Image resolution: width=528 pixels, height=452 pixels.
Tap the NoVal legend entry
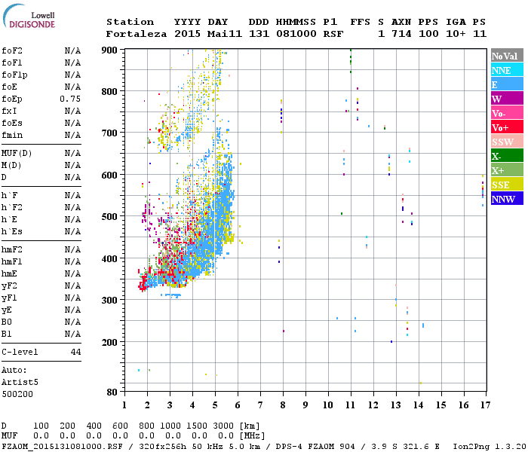coord(506,56)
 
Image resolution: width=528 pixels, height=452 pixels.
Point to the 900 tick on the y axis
coord(110,50)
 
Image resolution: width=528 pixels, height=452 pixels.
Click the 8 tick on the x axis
coord(283,405)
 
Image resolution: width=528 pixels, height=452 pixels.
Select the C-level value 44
coord(75,352)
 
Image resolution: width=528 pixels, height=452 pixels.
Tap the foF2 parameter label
coord(11,50)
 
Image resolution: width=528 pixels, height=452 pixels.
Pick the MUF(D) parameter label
coord(17,153)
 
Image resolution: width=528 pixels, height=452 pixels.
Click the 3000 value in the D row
coord(224,426)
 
